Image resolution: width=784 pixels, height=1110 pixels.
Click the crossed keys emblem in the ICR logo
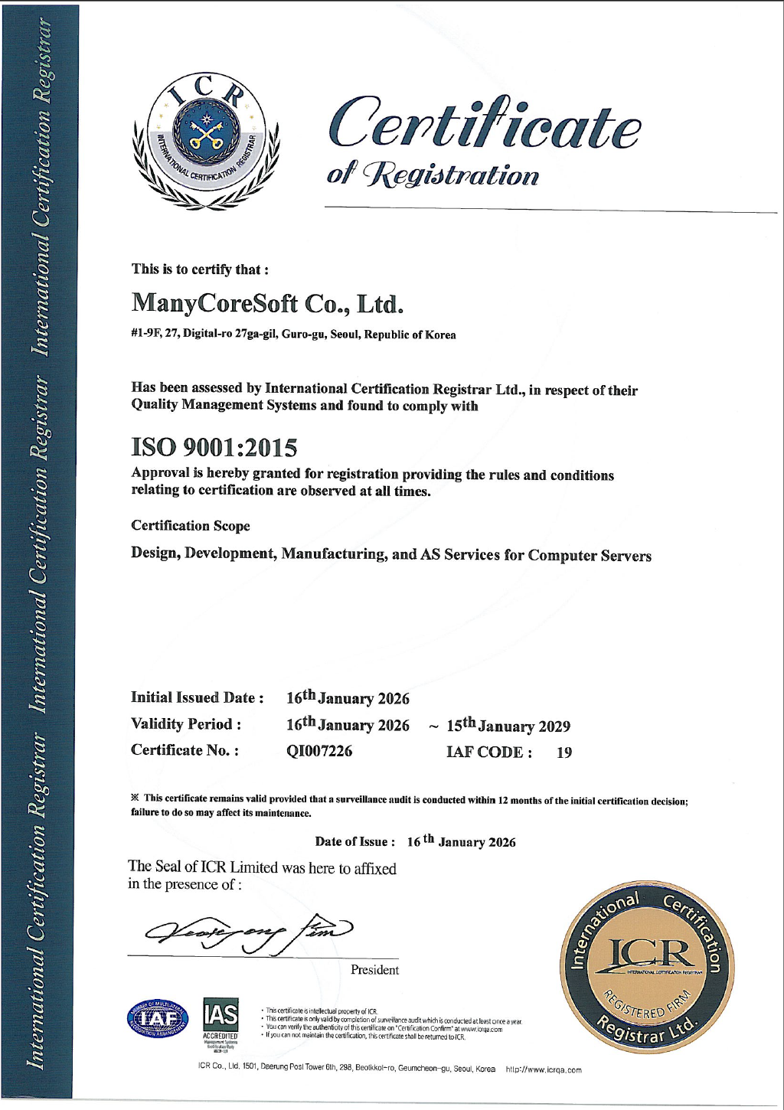[x=204, y=135]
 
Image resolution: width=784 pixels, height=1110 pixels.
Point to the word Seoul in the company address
[x=345, y=335]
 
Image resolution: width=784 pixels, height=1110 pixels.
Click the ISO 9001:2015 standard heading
[x=214, y=446]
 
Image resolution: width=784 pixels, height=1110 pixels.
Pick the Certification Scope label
[x=191, y=526]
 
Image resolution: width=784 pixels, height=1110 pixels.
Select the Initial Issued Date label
[x=198, y=697]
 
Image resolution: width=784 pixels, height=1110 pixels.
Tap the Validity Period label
[x=186, y=724]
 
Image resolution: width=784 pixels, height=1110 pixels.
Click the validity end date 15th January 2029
[x=508, y=726]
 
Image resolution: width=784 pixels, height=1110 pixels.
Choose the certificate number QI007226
[x=319, y=751]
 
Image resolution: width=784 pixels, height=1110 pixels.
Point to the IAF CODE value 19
[x=564, y=753]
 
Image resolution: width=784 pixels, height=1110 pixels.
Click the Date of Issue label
[x=355, y=842]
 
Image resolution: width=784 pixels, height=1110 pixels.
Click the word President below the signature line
[x=374, y=971]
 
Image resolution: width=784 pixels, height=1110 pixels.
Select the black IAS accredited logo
[x=220, y=1019]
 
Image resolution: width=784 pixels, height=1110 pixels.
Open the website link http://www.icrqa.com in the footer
[x=544, y=1070]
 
